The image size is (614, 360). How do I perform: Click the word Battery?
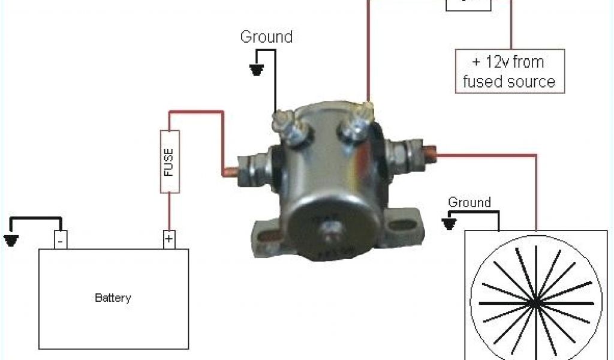113,298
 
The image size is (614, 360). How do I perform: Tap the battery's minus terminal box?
61,239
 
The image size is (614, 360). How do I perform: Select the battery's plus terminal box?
169,239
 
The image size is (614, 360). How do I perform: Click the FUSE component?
169,161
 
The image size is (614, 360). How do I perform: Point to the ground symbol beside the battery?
11,241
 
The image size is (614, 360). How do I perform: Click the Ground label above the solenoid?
266,37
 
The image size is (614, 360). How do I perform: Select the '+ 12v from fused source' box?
509,71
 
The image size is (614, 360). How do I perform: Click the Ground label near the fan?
469,202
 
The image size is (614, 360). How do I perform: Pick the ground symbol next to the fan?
449,224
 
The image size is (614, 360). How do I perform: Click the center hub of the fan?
533,304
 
